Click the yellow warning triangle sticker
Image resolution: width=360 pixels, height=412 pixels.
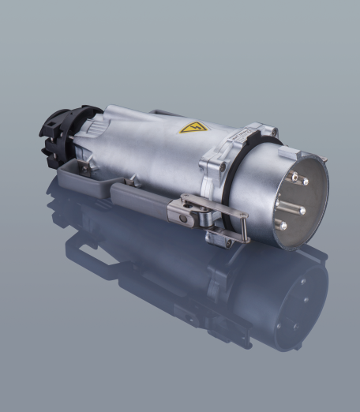pyautogui.click(x=193, y=126)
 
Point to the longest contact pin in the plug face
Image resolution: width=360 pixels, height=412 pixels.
pyautogui.click(x=289, y=209)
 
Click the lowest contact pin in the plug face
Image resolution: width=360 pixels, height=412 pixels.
pyautogui.click(x=280, y=226)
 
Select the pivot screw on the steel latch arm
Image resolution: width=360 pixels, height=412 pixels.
pyautogui.click(x=184, y=207)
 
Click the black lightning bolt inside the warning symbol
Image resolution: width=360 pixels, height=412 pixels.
pyautogui.click(x=193, y=126)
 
